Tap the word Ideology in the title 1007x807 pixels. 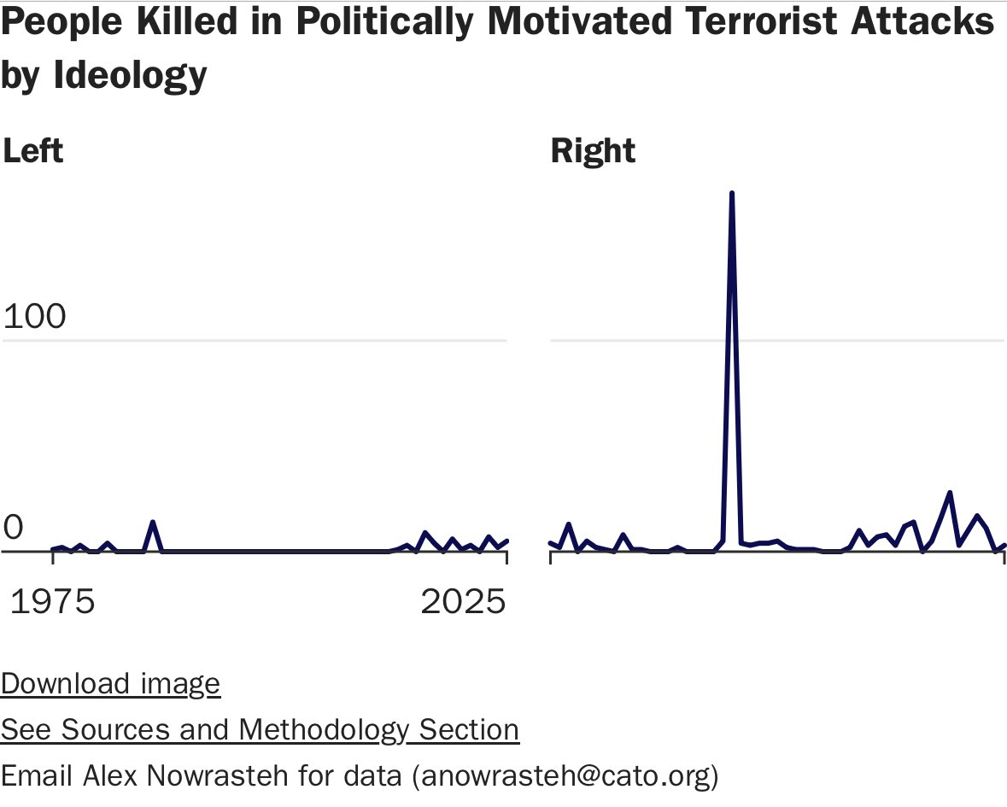[x=131, y=74]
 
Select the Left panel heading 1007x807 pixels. [x=33, y=151]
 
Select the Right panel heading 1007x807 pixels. [x=593, y=151]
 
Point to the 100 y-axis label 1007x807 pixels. [x=35, y=317]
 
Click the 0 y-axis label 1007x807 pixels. [x=14, y=529]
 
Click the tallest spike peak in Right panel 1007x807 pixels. [x=732, y=195]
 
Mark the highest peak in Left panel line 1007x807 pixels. [x=152, y=522]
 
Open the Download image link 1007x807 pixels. [x=110, y=684]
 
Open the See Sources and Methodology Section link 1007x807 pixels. [x=260, y=729]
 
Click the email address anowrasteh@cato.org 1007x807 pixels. [x=565, y=775]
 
